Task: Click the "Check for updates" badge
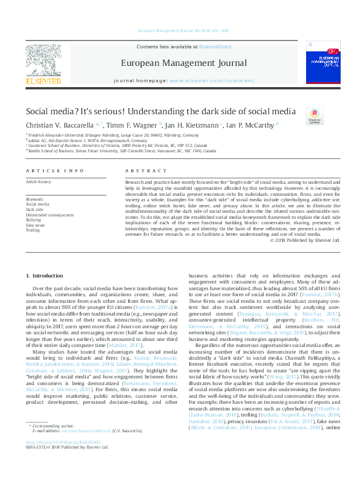315,115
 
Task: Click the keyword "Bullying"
33,220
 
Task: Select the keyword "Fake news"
35,225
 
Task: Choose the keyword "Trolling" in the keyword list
33,230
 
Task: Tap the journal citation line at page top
179,30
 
